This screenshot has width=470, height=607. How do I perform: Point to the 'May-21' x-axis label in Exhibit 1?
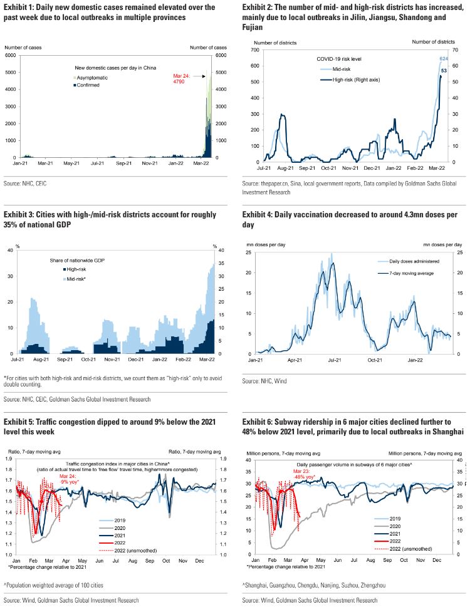click(x=71, y=164)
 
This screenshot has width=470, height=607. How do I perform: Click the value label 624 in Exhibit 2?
click(x=444, y=59)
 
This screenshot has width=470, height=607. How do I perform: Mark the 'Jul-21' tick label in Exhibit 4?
click(x=334, y=361)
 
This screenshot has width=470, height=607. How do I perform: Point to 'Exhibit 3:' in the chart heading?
click(x=21, y=214)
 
